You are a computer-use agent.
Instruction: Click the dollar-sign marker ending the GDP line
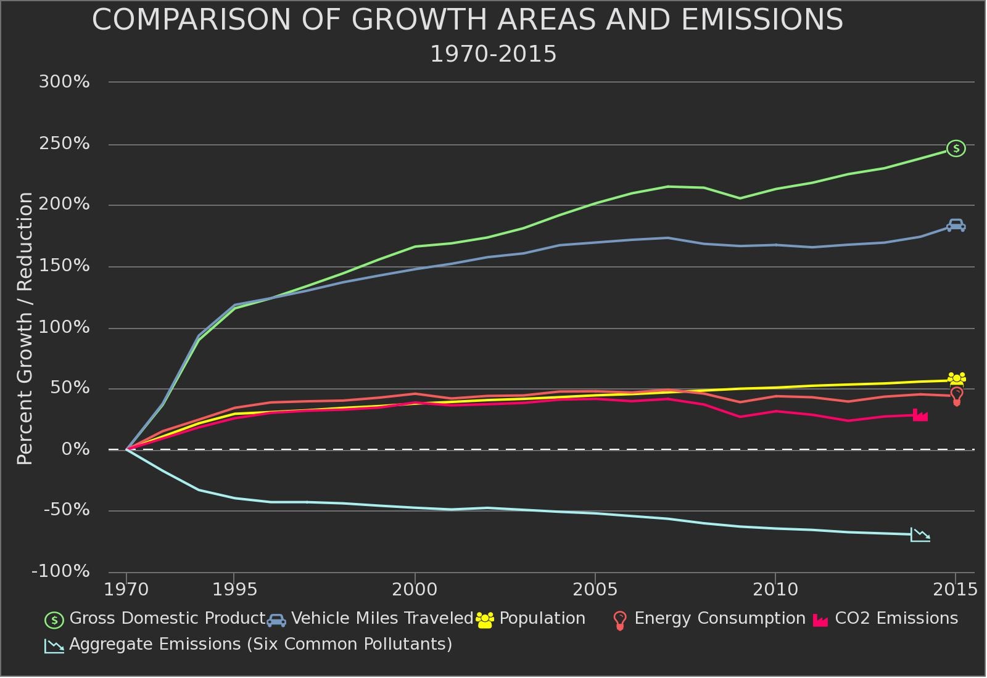(x=956, y=149)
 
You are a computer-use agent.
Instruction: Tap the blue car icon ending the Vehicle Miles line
(x=956, y=226)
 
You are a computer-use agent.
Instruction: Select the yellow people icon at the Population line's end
(x=956, y=378)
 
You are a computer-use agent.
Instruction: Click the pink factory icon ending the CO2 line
(x=920, y=415)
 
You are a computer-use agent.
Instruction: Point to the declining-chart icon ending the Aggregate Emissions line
(x=920, y=535)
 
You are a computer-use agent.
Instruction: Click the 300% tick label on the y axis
(x=64, y=82)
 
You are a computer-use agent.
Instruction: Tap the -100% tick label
(x=60, y=571)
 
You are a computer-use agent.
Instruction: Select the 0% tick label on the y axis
(x=75, y=449)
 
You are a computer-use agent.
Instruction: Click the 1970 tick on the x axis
(x=126, y=590)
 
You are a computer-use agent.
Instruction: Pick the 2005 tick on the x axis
(x=595, y=590)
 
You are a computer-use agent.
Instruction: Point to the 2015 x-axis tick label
(x=955, y=590)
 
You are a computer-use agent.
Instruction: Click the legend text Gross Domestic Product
(x=167, y=619)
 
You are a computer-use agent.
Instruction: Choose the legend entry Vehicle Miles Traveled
(x=382, y=619)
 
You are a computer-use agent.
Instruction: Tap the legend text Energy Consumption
(x=719, y=619)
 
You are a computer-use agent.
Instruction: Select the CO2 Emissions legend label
(x=896, y=619)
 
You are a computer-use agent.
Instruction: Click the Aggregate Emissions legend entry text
(x=260, y=645)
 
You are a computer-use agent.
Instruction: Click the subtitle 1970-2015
(x=493, y=54)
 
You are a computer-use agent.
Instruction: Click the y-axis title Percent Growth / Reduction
(x=25, y=328)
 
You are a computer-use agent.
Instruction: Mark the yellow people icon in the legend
(x=485, y=620)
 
